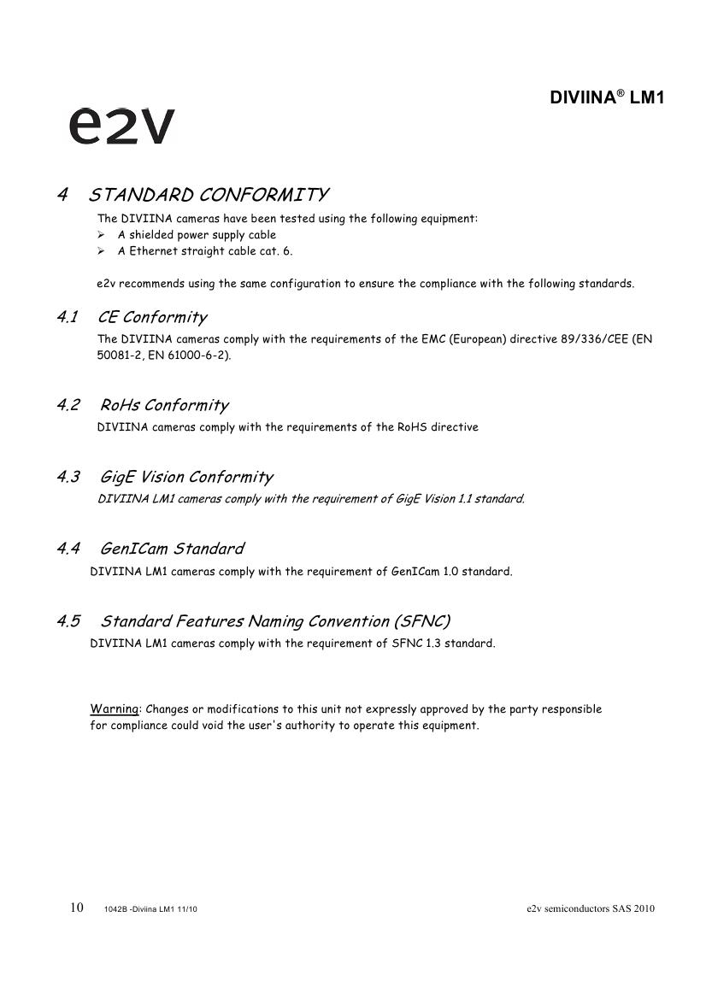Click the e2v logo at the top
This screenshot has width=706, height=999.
(x=121, y=126)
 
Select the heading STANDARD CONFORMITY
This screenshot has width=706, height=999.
(x=209, y=195)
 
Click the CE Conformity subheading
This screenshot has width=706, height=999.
(x=153, y=318)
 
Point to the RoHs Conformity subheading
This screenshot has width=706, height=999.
(x=164, y=405)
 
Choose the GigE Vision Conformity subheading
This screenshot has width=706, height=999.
(x=186, y=477)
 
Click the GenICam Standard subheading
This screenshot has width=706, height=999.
(x=172, y=549)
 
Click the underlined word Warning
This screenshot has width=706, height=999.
(x=115, y=709)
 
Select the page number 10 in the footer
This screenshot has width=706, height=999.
(x=77, y=908)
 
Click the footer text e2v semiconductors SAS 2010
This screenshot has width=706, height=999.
(x=591, y=908)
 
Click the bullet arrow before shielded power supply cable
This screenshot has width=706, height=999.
(x=101, y=235)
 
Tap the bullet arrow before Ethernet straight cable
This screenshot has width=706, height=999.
(x=101, y=251)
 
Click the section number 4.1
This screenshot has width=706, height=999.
(x=68, y=318)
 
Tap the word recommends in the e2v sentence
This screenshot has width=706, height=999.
(x=144, y=284)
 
